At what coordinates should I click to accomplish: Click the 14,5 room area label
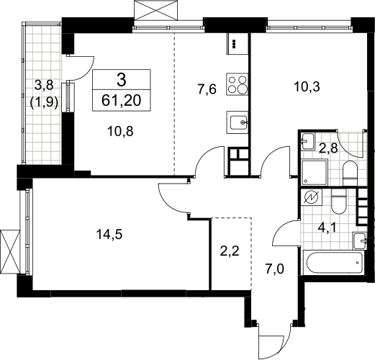click(x=109, y=234)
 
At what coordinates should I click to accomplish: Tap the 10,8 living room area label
click(x=120, y=131)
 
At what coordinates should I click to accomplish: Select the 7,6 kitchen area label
click(x=207, y=89)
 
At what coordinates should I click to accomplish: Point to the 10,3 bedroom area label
click(x=307, y=86)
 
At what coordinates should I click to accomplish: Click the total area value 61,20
click(x=122, y=101)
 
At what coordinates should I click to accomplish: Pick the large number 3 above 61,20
click(x=122, y=80)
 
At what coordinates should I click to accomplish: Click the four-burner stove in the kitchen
click(x=237, y=84)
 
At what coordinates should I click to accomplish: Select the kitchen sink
click(x=238, y=122)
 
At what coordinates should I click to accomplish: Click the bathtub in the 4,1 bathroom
click(x=333, y=263)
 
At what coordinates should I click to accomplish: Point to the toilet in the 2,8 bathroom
click(x=350, y=174)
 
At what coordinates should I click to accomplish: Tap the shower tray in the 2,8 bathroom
click(x=315, y=172)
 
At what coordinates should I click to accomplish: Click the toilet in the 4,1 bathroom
click(x=338, y=201)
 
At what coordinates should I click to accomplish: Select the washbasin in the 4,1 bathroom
click(x=359, y=240)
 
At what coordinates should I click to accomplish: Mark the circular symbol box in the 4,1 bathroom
click(x=312, y=197)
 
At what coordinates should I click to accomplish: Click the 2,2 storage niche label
click(x=230, y=251)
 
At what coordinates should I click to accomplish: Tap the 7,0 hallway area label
click(x=274, y=269)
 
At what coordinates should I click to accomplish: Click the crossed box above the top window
click(x=156, y=10)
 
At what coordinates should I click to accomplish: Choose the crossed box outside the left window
click(x=10, y=251)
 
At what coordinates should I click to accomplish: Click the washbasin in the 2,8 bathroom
click(x=308, y=141)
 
